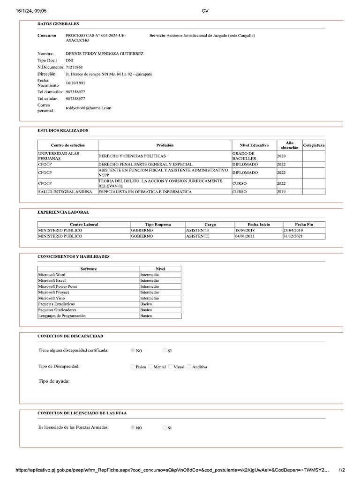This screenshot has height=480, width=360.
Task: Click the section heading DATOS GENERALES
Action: click(58, 24)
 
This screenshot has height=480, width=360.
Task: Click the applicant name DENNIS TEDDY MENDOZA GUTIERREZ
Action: click(105, 53)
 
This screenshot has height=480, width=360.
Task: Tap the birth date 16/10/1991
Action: click(75, 83)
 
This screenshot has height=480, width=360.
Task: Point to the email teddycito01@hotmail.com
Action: click(89, 108)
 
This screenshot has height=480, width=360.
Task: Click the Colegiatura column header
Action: click(314, 145)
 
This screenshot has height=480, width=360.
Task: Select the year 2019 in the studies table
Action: click(281, 192)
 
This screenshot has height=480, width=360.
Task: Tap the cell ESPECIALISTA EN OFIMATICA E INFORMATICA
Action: click(145, 192)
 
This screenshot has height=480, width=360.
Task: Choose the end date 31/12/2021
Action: click(293, 236)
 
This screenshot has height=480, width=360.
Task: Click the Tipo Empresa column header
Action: click(158, 225)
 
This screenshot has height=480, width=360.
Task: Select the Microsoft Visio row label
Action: click(52, 298)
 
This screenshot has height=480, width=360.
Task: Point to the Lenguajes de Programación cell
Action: click(62, 315)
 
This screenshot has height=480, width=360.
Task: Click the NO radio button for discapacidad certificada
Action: click(133, 350)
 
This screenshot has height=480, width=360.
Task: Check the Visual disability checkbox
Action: click(171, 367)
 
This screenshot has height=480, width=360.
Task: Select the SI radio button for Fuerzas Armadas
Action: click(165, 427)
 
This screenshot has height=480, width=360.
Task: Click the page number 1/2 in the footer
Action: click(342, 470)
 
